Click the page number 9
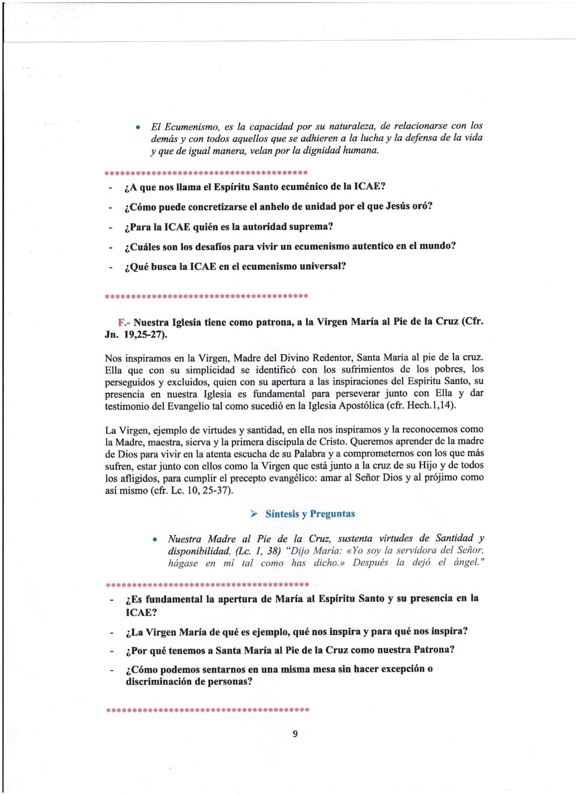coord(295,734)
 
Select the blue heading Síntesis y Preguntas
coord(310,514)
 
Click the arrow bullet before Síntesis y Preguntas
coord(254,514)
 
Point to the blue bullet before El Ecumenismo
coord(138,127)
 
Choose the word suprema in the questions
coord(309,227)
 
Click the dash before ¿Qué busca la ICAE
coord(110,267)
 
